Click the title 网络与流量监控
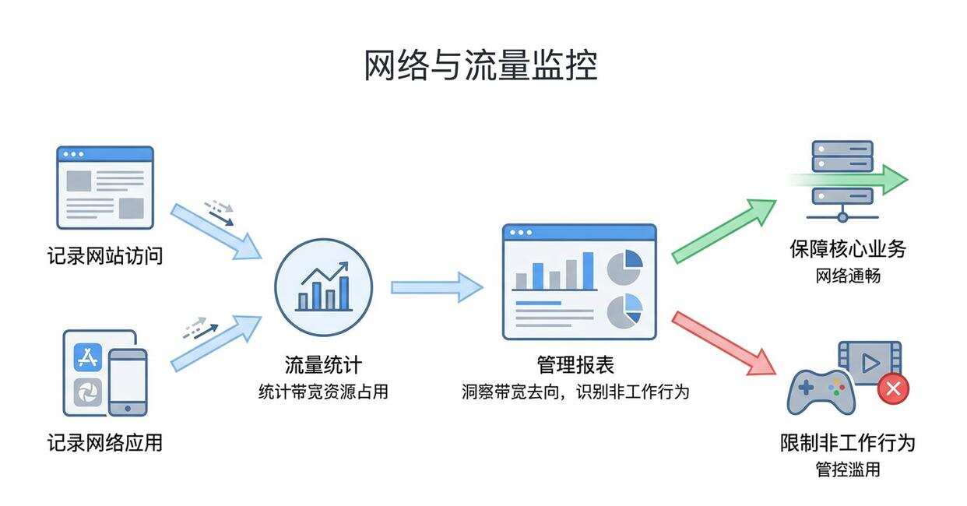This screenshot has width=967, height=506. pyautogui.click(x=480, y=66)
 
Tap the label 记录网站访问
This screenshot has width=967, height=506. pyautogui.click(x=105, y=255)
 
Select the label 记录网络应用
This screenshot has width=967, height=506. pyautogui.click(x=105, y=443)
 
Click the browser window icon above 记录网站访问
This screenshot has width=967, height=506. pyautogui.click(x=105, y=187)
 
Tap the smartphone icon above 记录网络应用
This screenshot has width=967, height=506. pyautogui.click(x=128, y=382)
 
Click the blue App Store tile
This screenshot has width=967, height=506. pyautogui.click(x=87, y=357)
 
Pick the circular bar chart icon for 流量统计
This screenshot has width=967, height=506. pyautogui.click(x=324, y=287)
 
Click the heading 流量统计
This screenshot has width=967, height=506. pyautogui.click(x=323, y=364)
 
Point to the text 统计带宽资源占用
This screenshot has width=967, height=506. pyautogui.click(x=323, y=392)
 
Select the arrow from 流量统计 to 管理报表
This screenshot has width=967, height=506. pyautogui.click(x=436, y=287)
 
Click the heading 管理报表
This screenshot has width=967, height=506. pyautogui.click(x=575, y=364)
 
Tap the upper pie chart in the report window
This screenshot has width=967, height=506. pyautogui.click(x=623, y=267)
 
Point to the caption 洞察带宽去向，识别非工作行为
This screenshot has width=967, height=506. pyautogui.click(x=575, y=392)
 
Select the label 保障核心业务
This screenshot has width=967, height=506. pyautogui.click(x=848, y=249)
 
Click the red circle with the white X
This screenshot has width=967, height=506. pyautogui.click(x=893, y=388)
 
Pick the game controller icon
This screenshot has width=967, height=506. pyautogui.click(x=821, y=392)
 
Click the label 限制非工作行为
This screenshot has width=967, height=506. pyautogui.click(x=847, y=443)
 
